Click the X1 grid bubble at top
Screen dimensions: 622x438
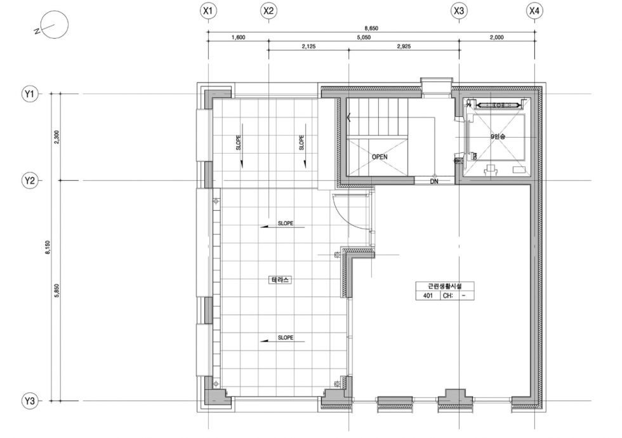[x=208, y=11]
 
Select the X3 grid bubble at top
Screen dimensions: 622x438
[x=459, y=11]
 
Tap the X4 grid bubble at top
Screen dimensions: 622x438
[x=534, y=11]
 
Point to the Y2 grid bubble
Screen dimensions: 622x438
[x=30, y=180]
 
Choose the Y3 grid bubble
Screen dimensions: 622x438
[x=30, y=401]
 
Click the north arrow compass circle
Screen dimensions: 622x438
[x=55, y=25]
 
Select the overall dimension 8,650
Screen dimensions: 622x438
[x=371, y=28]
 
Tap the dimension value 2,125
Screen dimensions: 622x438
[x=308, y=46]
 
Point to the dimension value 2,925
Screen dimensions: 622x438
[x=404, y=46]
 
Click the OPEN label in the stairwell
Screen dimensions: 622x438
[x=380, y=157]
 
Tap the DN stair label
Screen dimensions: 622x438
[x=434, y=182]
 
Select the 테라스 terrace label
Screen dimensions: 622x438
[x=281, y=280]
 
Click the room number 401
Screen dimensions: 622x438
[x=428, y=296]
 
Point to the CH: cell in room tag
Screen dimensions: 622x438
[x=448, y=296]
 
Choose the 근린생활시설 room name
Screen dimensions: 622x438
[x=445, y=286]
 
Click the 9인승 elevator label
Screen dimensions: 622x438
[x=498, y=136]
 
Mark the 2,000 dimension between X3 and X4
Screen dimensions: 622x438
[x=496, y=37]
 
